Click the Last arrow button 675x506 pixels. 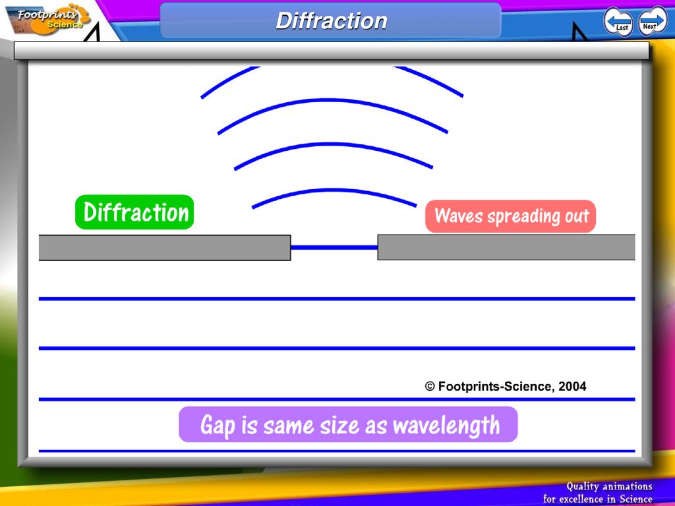click(x=618, y=22)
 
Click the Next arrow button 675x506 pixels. click(x=653, y=20)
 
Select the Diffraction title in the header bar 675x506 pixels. click(x=332, y=20)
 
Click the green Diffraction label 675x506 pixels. click(x=134, y=212)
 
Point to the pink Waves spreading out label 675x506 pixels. click(x=511, y=216)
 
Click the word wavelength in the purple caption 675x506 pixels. click(x=446, y=425)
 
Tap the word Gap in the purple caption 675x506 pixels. click(x=218, y=425)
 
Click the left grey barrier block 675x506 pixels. click(x=165, y=248)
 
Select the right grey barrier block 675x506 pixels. click(x=506, y=247)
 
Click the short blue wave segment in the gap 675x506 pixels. click(x=334, y=248)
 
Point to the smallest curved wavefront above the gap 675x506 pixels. click(x=334, y=190)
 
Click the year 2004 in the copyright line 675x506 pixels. click(x=572, y=386)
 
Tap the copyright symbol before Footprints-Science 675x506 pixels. click(x=430, y=386)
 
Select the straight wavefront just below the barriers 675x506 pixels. click(x=337, y=298)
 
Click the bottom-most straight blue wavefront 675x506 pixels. click(x=337, y=451)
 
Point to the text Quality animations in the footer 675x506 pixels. click(x=609, y=486)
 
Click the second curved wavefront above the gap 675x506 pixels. click(x=334, y=144)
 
